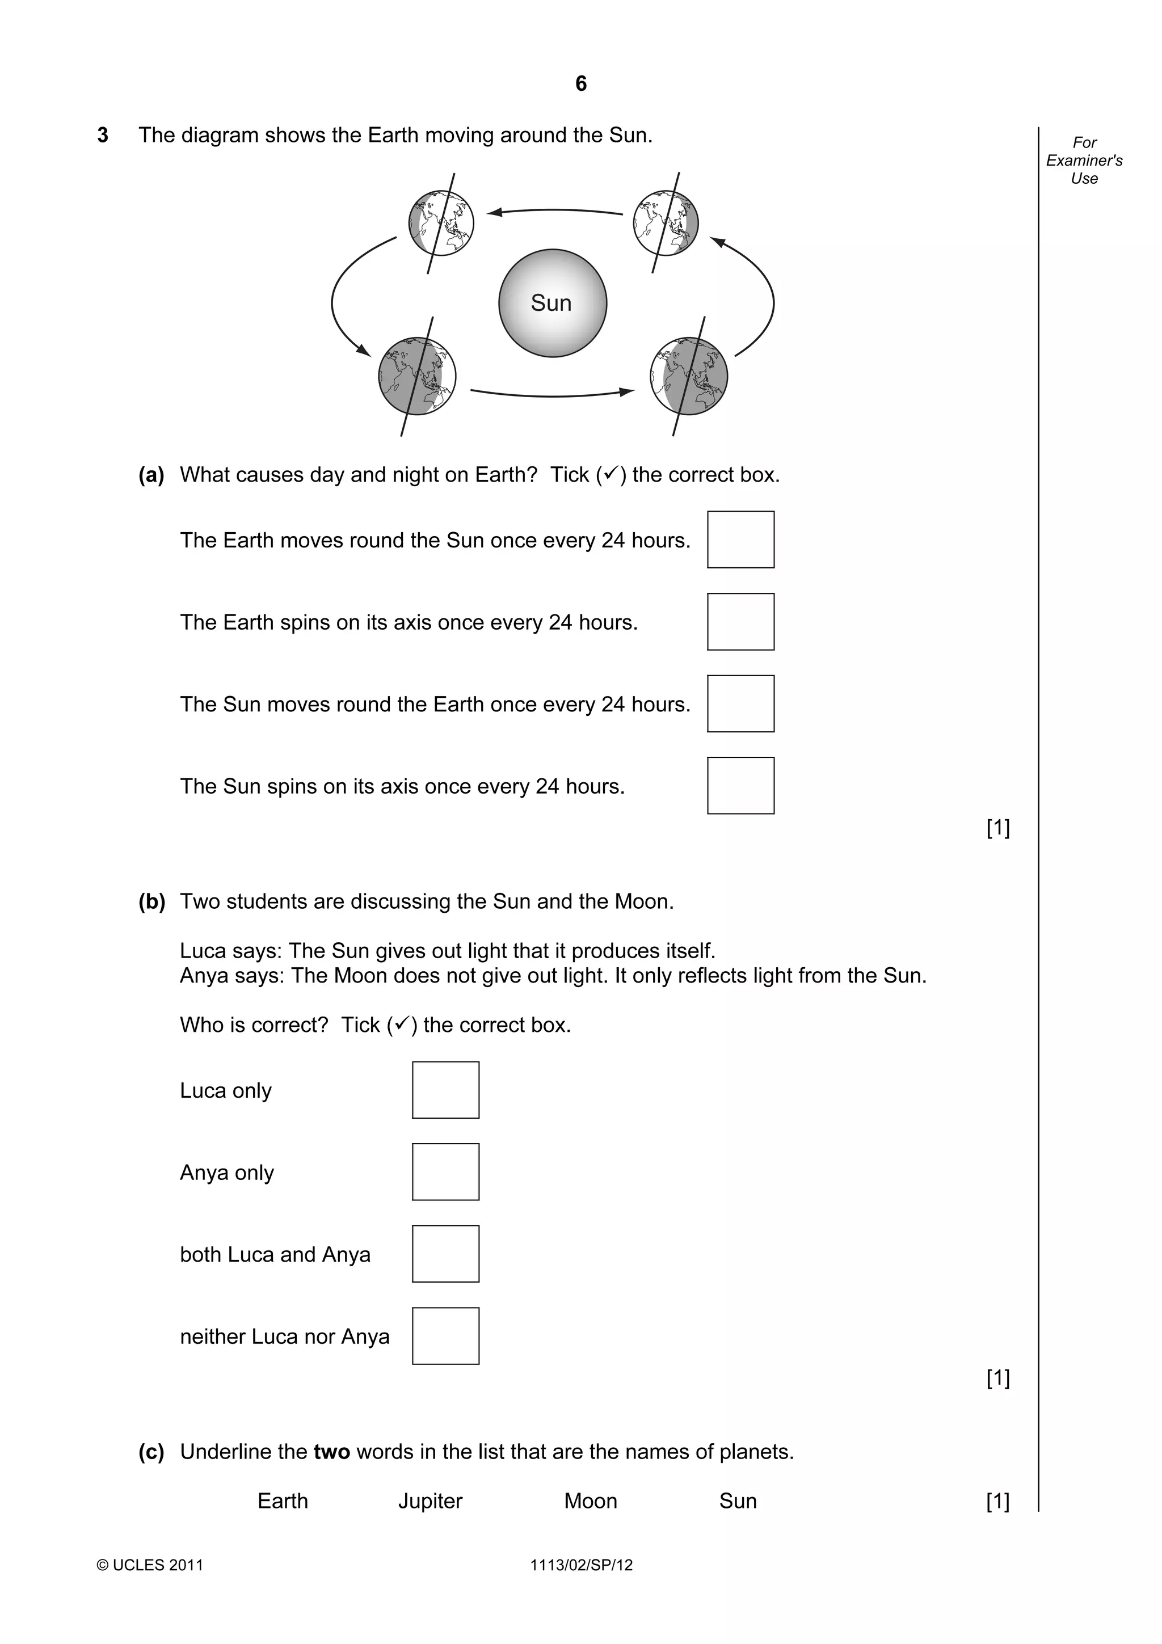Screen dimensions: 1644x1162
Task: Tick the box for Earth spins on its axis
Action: (x=740, y=622)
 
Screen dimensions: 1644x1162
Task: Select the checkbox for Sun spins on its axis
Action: (x=740, y=786)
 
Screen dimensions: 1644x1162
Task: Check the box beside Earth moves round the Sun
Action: (x=740, y=539)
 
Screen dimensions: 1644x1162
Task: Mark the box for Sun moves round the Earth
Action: (x=740, y=703)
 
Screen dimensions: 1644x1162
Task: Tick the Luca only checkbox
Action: (x=445, y=1090)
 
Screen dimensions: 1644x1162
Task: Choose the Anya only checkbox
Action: (x=445, y=1172)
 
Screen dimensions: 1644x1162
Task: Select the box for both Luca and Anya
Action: (x=445, y=1254)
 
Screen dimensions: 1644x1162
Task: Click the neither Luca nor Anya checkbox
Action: (x=445, y=1336)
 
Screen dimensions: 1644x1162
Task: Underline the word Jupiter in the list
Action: (x=430, y=1501)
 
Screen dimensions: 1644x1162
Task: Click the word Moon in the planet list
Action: (x=590, y=1501)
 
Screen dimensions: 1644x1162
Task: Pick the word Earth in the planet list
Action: (x=283, y=1501)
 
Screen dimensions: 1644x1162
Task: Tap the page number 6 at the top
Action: (x=580, y=84)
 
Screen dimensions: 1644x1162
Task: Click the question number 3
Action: (x=103, y=136)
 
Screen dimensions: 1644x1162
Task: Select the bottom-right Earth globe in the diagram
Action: (x=689, y=376)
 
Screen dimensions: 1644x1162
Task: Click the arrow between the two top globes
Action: (x=554, y=211)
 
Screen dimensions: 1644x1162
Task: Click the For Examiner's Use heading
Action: (x=1084, y=161)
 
